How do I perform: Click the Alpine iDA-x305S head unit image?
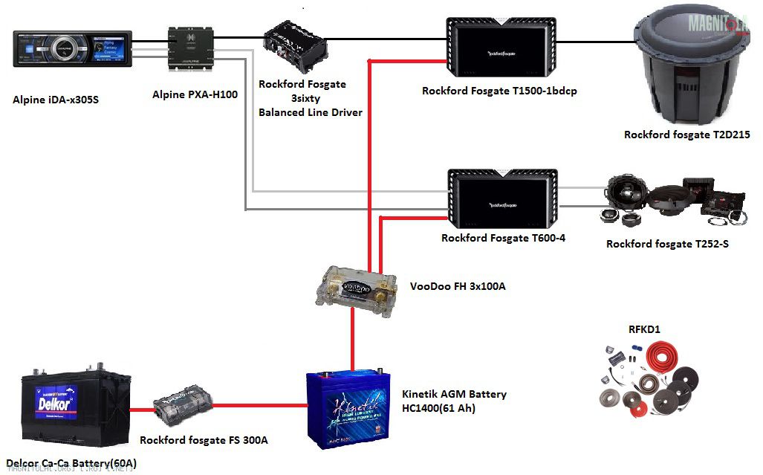[x=73, y=50]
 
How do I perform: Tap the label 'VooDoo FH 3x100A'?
[x=458, y=285]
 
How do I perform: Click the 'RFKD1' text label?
[x=644, y=328]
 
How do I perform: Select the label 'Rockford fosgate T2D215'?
[x=686, y=135]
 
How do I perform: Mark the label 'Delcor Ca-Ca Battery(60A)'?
[x=71, y=464]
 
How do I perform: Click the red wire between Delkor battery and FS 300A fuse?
[x=142, y=408]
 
